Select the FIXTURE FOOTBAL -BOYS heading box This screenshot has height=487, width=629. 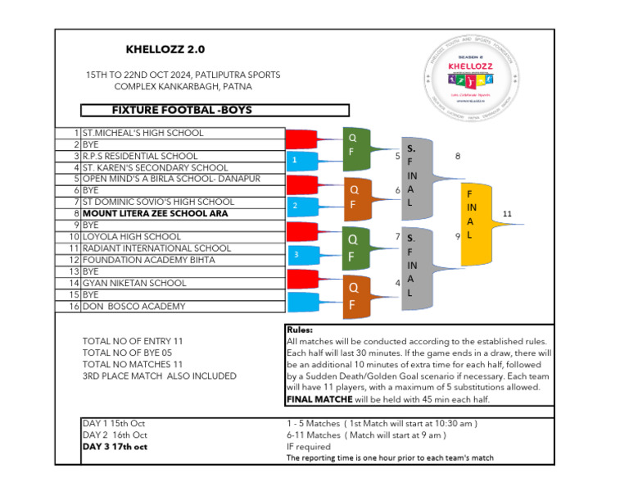point(215,110)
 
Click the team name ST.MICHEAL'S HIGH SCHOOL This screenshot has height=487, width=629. point(143,133)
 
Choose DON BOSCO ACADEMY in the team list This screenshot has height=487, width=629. point(133,306)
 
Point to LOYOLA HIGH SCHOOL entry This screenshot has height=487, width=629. point(132,236)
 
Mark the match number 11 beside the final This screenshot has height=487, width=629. point(507,213)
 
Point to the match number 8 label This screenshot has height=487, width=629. point(457,156)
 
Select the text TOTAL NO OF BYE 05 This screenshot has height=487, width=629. point(132,353)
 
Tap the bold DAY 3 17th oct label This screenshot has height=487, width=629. point(115,447)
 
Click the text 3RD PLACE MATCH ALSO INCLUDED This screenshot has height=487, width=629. point(159,375)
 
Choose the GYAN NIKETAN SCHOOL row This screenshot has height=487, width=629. point(134,283)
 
